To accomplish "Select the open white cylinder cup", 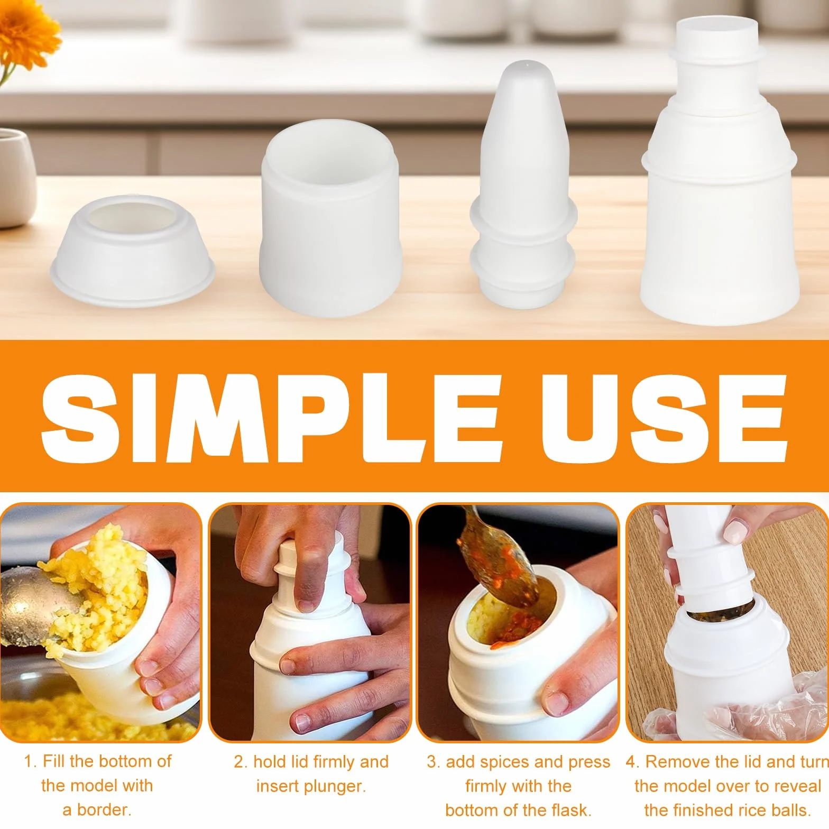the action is [x=329, y=218].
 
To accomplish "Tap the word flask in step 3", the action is [x=571, y=810].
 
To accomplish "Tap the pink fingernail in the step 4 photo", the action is [x=735, y=529].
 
